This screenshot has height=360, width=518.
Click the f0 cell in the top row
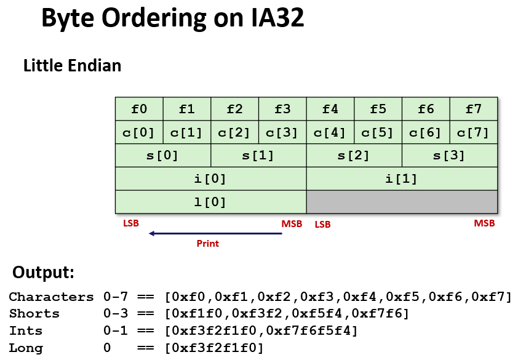[x=139, y=109]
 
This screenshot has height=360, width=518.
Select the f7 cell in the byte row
[x=473, y=109]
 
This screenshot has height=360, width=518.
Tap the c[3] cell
[x=282, y=132]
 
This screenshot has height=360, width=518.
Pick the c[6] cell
[x=426, y=132]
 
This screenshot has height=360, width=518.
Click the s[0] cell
[x=163, y=155]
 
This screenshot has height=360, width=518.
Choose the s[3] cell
[x=450, y=155]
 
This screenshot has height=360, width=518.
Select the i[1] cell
[x=402, y=179]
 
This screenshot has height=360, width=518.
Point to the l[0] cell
[x=210, y=202]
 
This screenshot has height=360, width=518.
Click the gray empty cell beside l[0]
[x=402, y=202]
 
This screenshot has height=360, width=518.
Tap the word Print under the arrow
[x=207, y=244]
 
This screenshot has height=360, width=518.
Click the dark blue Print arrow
[x=215, y=233]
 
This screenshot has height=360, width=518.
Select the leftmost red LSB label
[x=131, y=223]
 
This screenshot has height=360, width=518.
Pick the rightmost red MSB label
[x=484, y=223]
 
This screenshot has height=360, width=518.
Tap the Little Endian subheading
[x=72, y=65]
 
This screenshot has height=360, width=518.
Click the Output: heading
[x=43, y=272]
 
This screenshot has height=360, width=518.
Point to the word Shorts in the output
[x=34, y=314]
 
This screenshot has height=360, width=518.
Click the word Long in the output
[x=26, y=348]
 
